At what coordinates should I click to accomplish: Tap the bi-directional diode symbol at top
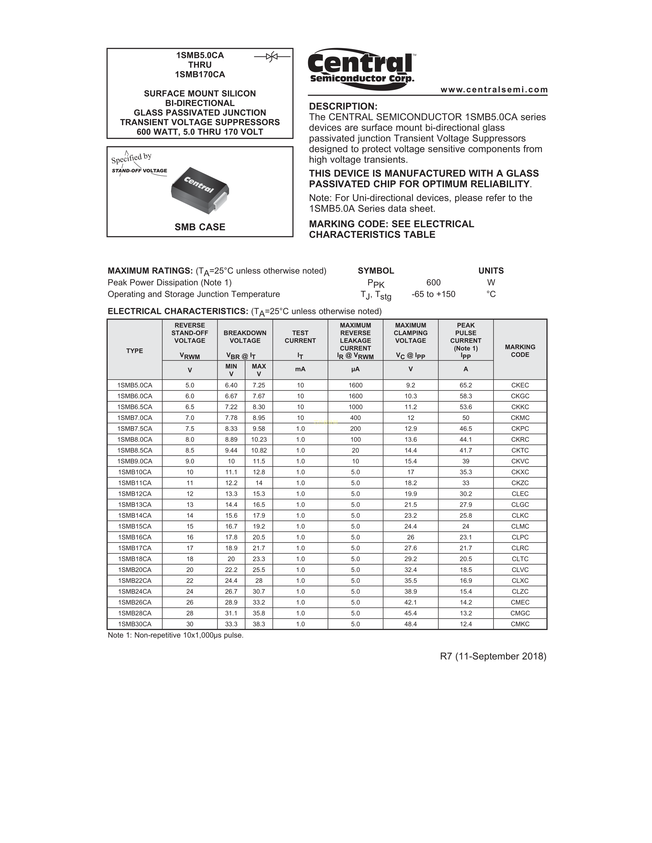pos(272,57)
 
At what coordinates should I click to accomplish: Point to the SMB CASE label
pos(200,227)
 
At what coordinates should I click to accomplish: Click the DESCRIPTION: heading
pos(343,106)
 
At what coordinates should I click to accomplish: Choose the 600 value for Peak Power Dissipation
pos(433,283)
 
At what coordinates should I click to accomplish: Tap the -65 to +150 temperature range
pos(433,294)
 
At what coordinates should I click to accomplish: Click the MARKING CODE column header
pos(520,350)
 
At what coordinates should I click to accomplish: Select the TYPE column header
pos(134,350)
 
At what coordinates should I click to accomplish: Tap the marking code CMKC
pos(520,624)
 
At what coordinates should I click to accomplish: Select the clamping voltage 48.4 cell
pos(411,624)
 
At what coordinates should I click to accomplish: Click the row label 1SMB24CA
pos(134,591)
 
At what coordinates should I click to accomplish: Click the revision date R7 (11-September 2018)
pos(493,656)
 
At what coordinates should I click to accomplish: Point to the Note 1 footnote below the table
pos(175,635)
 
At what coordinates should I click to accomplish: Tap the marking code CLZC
pos(520,591)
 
